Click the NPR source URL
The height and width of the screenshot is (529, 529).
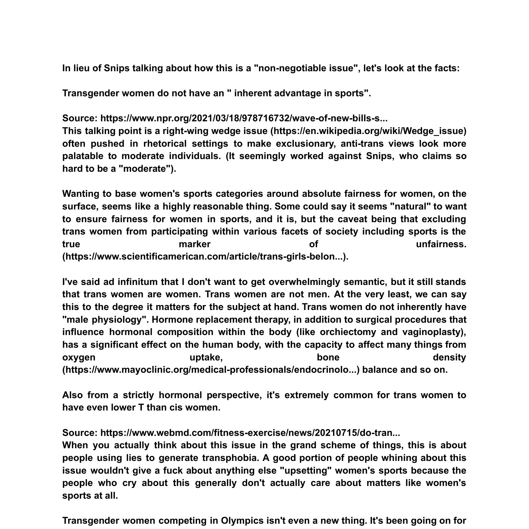(244, 118)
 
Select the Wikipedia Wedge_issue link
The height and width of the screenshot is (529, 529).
(368, 131)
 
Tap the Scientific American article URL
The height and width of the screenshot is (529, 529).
(205, 257)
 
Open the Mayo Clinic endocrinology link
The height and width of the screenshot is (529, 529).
(211, 370)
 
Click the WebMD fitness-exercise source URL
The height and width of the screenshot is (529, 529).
(250, 433)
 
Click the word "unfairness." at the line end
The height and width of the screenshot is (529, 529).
(441, 244)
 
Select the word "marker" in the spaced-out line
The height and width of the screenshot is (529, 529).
(194, 244)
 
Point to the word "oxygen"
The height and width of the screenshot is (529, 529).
(79, 357)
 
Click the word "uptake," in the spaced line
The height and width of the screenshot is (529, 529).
(206, 357)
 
